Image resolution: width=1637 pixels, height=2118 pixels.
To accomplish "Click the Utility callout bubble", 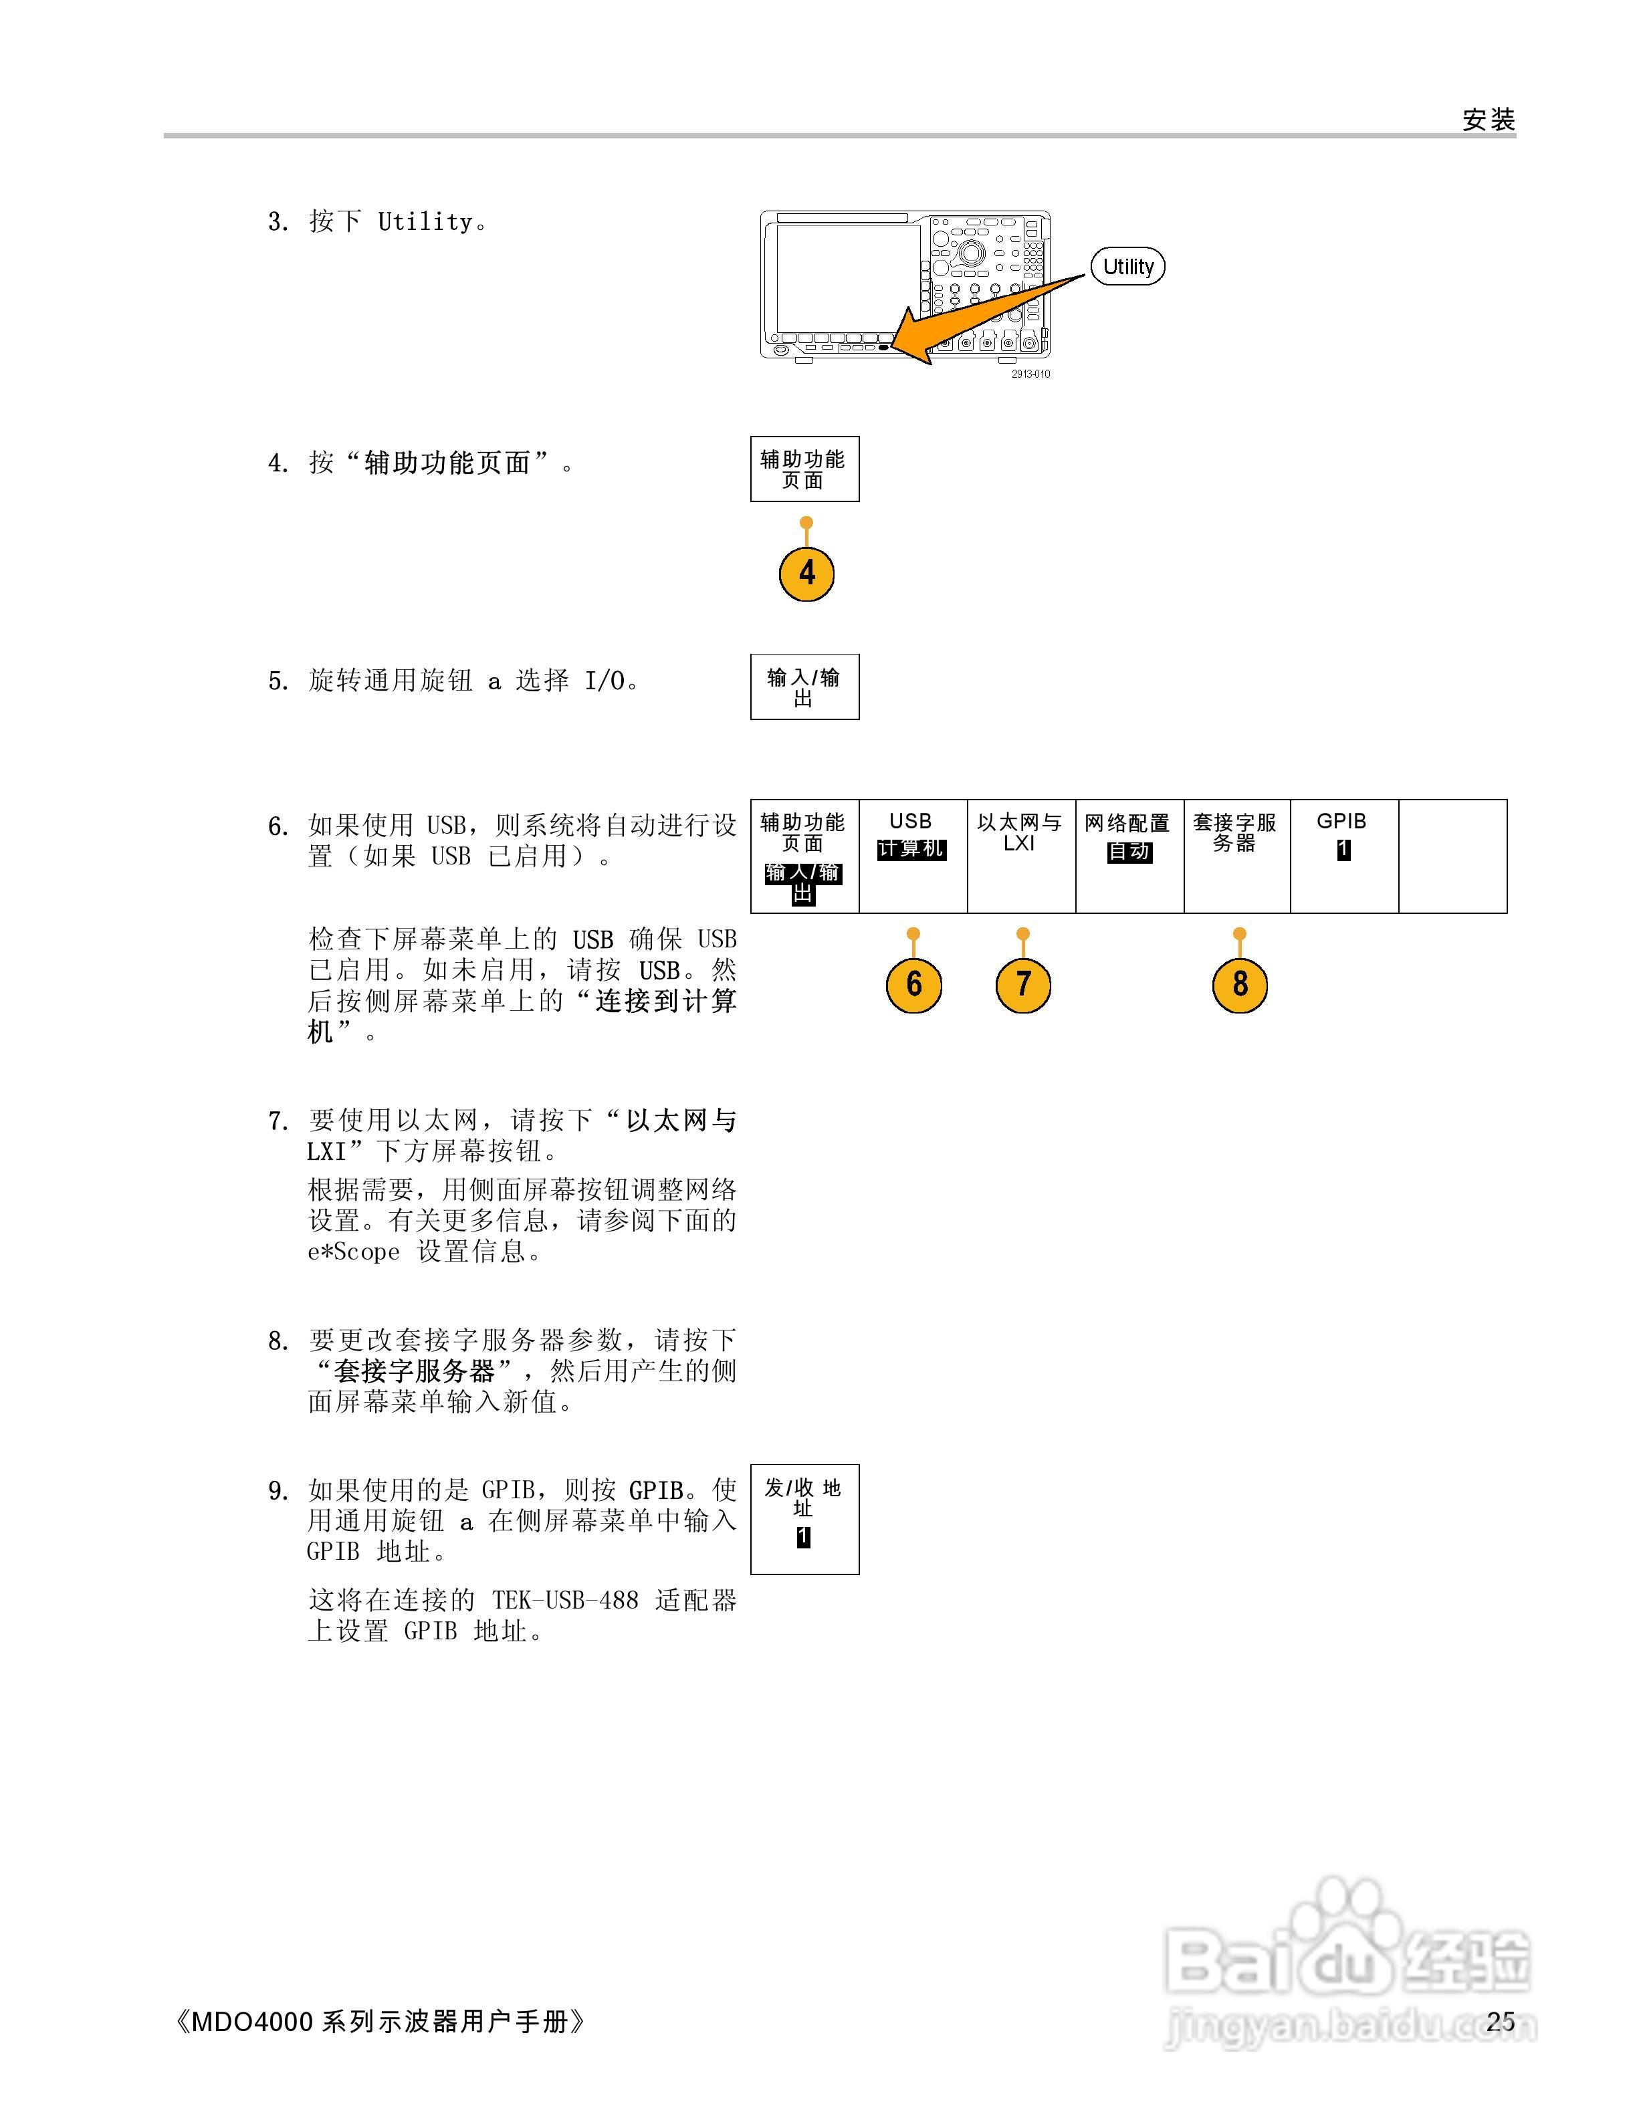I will coord(1128,267).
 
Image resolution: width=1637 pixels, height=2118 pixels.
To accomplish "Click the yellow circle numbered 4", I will coord(806,573).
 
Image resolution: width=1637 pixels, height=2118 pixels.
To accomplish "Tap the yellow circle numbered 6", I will coord(913,984).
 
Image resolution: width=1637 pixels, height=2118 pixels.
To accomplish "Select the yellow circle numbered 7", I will coord(1023,984).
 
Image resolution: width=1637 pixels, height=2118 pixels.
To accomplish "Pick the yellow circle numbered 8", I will coord(1239,984).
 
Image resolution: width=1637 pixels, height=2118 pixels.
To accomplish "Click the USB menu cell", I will coord(913,855).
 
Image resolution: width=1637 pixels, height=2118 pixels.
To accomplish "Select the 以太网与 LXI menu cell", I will coord(1021,855).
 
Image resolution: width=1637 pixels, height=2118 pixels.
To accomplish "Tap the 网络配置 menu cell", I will coord(1129,855).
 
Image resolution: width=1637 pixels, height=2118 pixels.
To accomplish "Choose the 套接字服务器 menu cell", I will coord(1236,855).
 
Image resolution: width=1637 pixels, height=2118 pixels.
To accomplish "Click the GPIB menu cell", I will coord(1343,855).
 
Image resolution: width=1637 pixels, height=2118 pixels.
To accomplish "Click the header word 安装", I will coord(1489,120).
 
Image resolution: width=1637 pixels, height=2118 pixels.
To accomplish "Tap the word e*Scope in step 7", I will coord(354,1252).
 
